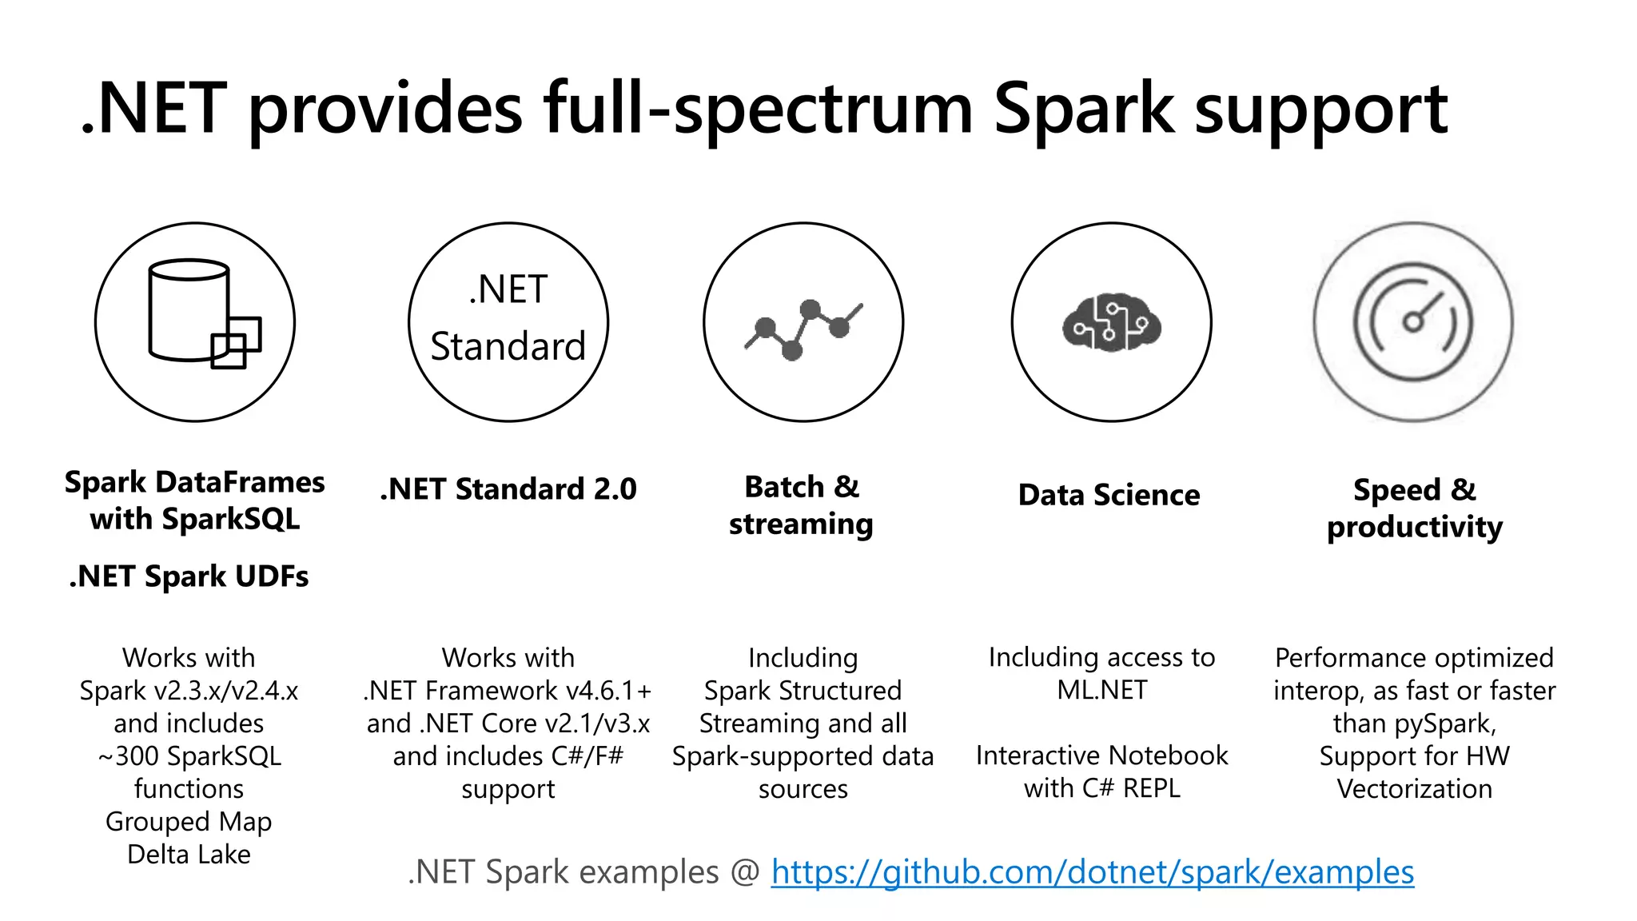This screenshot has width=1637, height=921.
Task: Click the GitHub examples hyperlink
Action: click(x=1092, y=872)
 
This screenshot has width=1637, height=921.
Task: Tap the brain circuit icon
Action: click(x=1111, y=322)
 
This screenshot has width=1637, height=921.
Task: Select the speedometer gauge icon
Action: click(x=1413, y=321)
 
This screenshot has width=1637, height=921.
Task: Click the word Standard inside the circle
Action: click(x=508, y=347)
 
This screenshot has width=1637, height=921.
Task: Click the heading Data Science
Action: click(x=1109, y=495)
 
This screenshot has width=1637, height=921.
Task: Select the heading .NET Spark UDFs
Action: click(x=189, y=576)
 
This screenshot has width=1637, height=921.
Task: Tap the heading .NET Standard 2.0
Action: click(x=508, y=489)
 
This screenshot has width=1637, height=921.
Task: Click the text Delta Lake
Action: click(x=189, y=855)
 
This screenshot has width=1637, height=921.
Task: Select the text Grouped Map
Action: click(x=189, y=822)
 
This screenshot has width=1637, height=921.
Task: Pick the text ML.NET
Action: click(x=1101, y=690)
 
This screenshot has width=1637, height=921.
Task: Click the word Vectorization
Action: click(x=1414, y=789)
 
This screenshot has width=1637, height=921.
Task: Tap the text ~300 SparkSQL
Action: click(x=189, y=756)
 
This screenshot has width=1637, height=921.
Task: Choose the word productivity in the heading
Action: click(x=1414, y=528)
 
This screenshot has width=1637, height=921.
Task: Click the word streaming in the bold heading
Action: click(x=801, y=524)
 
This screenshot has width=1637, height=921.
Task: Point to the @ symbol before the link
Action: click(x=745, y=872)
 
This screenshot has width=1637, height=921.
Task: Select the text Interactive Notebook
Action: click(x=1101, y=756)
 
